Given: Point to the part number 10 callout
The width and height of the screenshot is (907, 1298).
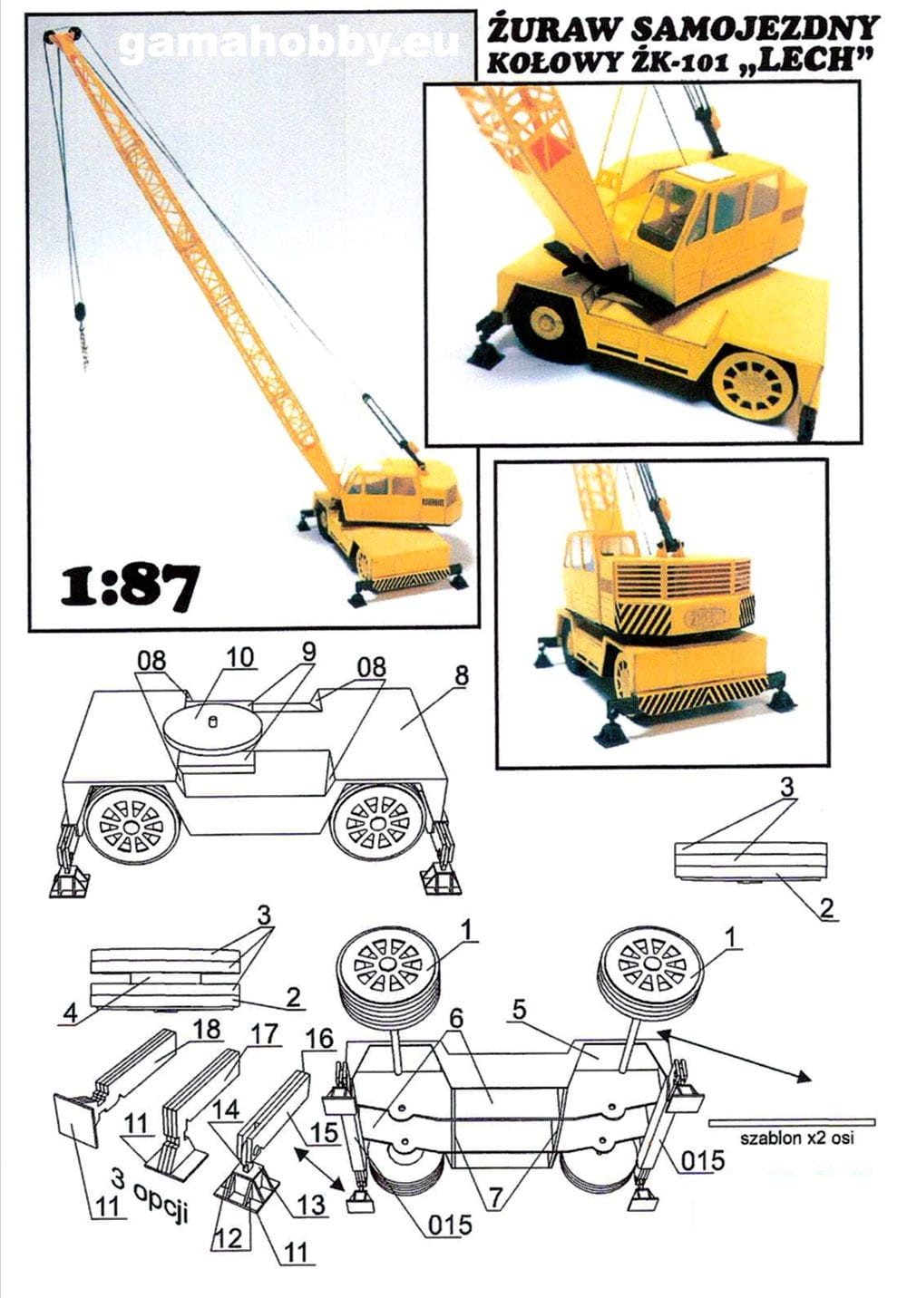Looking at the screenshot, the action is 239,658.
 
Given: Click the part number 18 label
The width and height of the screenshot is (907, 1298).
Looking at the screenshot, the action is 206,1029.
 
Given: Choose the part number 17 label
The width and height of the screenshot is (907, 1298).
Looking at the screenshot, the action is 265,1033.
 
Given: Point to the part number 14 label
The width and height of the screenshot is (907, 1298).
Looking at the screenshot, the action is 226,1109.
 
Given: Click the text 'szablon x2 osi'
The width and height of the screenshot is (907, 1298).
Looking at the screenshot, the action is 797,1138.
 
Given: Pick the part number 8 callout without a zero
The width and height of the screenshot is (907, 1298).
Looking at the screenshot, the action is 463,675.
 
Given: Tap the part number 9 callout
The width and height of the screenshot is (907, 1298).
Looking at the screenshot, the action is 308,652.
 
